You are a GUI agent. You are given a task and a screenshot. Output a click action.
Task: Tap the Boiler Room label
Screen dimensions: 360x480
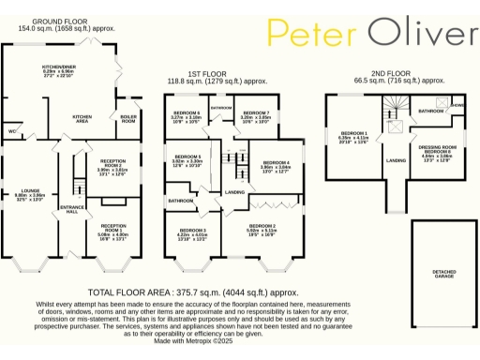pos(127,118)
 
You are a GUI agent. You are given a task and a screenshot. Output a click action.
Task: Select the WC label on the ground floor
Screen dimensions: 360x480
pos(10,132)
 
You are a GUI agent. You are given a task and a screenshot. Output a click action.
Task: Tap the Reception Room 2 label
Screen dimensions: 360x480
pos(113,164)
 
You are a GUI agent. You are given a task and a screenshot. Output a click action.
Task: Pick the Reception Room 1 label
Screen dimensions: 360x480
pos(114,228)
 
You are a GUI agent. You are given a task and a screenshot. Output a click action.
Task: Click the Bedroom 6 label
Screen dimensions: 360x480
pos(187,114)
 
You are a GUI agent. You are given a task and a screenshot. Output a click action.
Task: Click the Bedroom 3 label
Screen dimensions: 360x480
pos(192,232)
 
